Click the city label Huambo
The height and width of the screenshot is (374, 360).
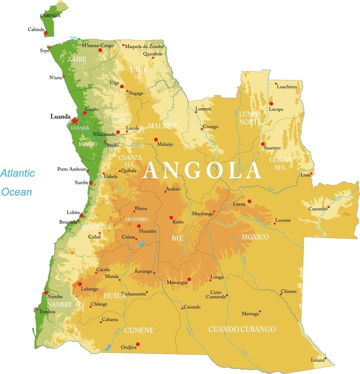click(x=148, y=231)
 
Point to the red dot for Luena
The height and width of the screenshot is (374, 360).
click(x=250, y=201)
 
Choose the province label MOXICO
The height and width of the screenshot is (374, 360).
click(x=255, y=237)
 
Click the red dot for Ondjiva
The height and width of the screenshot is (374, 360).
click(x=138, y=344)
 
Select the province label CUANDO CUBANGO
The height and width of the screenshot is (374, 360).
click(x=241, y=328)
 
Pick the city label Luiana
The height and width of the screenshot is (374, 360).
click(x=318, y=360)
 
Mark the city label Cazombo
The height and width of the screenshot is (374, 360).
click(x=318, y=209)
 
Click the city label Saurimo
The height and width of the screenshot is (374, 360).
click(x=272, y=148)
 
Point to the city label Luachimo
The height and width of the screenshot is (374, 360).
click(x=287, y=87)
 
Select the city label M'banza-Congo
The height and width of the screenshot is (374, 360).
click(x=98, y=46)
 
